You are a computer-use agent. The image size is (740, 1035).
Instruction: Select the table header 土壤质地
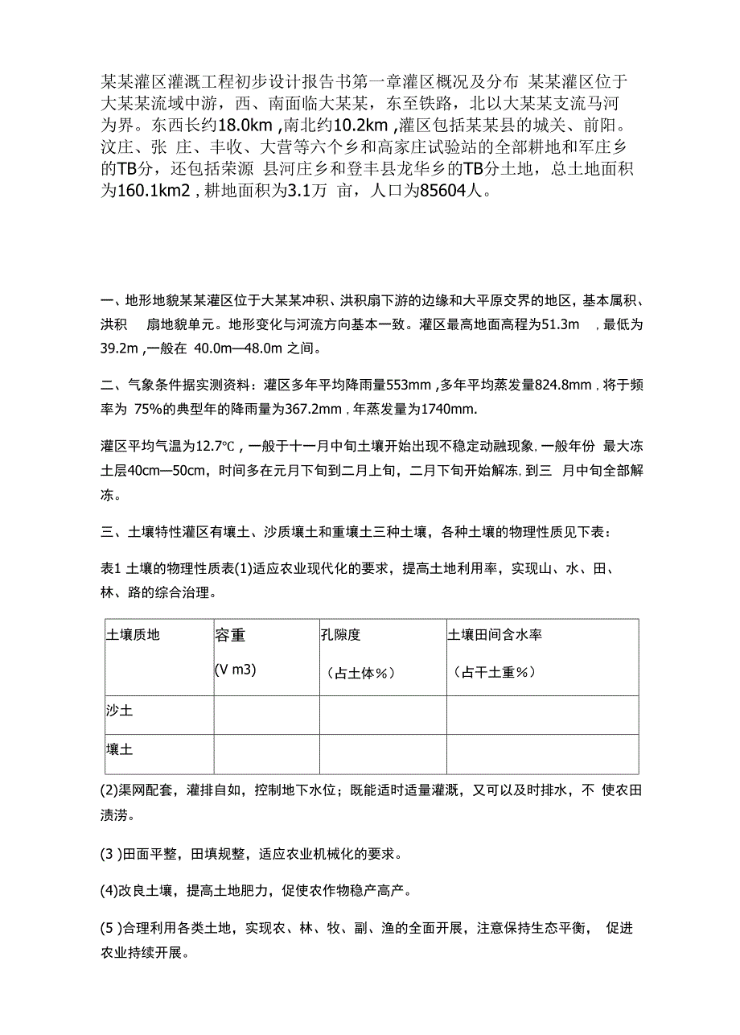pos(133,635)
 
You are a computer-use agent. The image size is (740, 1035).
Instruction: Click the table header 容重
pos(230,635)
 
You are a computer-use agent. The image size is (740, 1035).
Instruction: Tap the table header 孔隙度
pos(340,635)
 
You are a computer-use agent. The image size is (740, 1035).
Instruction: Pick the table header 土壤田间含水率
pos(495,635)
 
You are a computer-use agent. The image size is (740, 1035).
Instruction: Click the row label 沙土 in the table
pos(120,711)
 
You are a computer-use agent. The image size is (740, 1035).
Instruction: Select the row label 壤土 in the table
pos(120,749)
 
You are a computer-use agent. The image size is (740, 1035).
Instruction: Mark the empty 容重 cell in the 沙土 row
pos(265,714)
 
